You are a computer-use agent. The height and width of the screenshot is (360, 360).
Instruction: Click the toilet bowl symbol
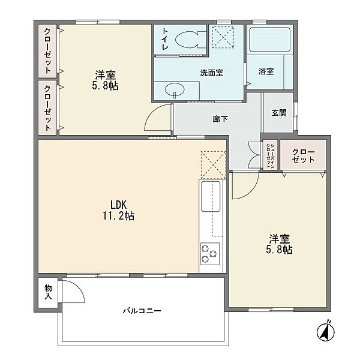[190, 40]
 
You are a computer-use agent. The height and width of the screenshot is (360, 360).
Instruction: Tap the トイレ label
[165, 39]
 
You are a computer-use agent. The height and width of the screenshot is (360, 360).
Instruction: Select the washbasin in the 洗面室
[175, 89]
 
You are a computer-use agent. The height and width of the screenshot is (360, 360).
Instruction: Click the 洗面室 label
[211, 73]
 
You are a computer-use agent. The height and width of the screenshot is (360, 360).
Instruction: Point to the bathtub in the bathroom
[269, 40]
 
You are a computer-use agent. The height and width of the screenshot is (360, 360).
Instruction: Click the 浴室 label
[266, 71]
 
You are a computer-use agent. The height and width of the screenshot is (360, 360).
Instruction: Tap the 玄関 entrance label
[279, 113]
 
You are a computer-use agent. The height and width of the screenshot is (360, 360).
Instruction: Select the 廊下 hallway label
[220, 119]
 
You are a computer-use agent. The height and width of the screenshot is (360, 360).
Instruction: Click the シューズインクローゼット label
[270, 155]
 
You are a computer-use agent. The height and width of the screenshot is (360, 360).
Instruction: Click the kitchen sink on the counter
[211, 196]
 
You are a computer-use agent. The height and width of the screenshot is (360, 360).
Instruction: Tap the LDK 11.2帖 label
[118, 210]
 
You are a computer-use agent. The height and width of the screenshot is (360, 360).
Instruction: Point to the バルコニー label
[142, 311]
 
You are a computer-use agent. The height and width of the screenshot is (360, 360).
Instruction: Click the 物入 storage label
[48, 292]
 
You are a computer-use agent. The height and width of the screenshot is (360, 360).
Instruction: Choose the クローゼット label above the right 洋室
[303, 155]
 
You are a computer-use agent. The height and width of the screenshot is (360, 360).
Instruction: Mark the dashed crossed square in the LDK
[213, 164]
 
